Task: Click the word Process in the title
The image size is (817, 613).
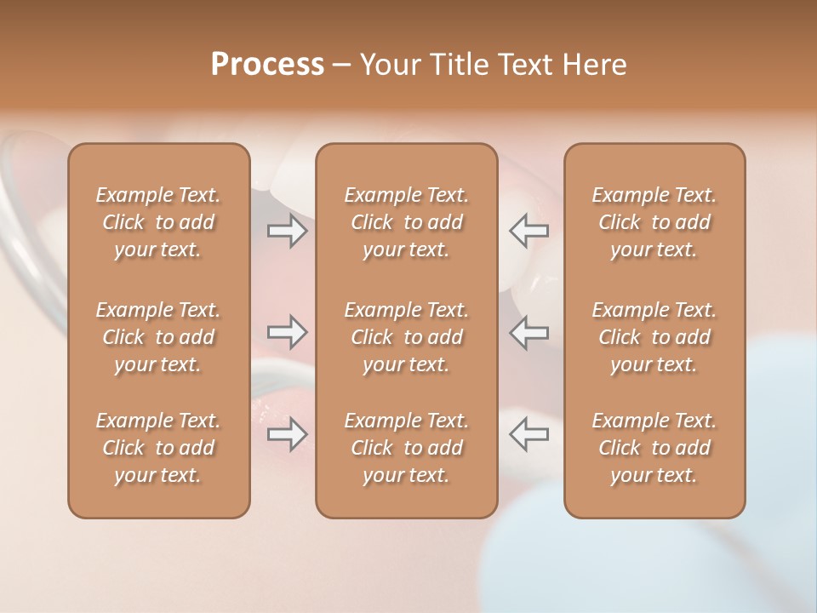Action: click(267, 65)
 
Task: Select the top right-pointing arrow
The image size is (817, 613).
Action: click(287, 231)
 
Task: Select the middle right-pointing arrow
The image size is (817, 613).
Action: click(287, 332)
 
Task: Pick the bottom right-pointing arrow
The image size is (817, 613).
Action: click(287, 433)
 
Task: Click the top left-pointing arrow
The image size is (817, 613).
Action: click(528, 231)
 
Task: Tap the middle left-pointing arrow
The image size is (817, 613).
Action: click(528, 332)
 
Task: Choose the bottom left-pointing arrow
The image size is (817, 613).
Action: click(528, 433)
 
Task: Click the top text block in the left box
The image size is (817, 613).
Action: click(158, 222)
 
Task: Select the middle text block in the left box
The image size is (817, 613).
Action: click(158, 337)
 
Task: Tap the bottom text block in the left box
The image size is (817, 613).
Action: click(158, 448)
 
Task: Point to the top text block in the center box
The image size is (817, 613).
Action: click(406, 222)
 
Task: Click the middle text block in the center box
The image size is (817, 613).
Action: click(406, 337)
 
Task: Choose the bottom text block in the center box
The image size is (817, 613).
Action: click(406, 448)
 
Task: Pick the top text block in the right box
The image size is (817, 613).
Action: click(654, 222)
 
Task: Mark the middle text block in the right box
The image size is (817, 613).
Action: click(654, 337)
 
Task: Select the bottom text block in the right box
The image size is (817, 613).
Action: click(654, 448)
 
